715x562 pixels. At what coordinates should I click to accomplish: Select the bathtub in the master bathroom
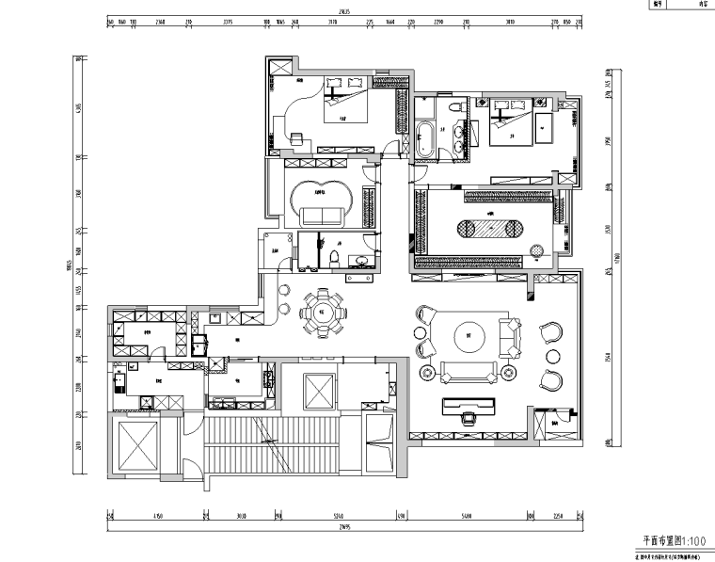[x=424, y=137]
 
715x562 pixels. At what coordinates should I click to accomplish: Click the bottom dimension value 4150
[x=157, y=516]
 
